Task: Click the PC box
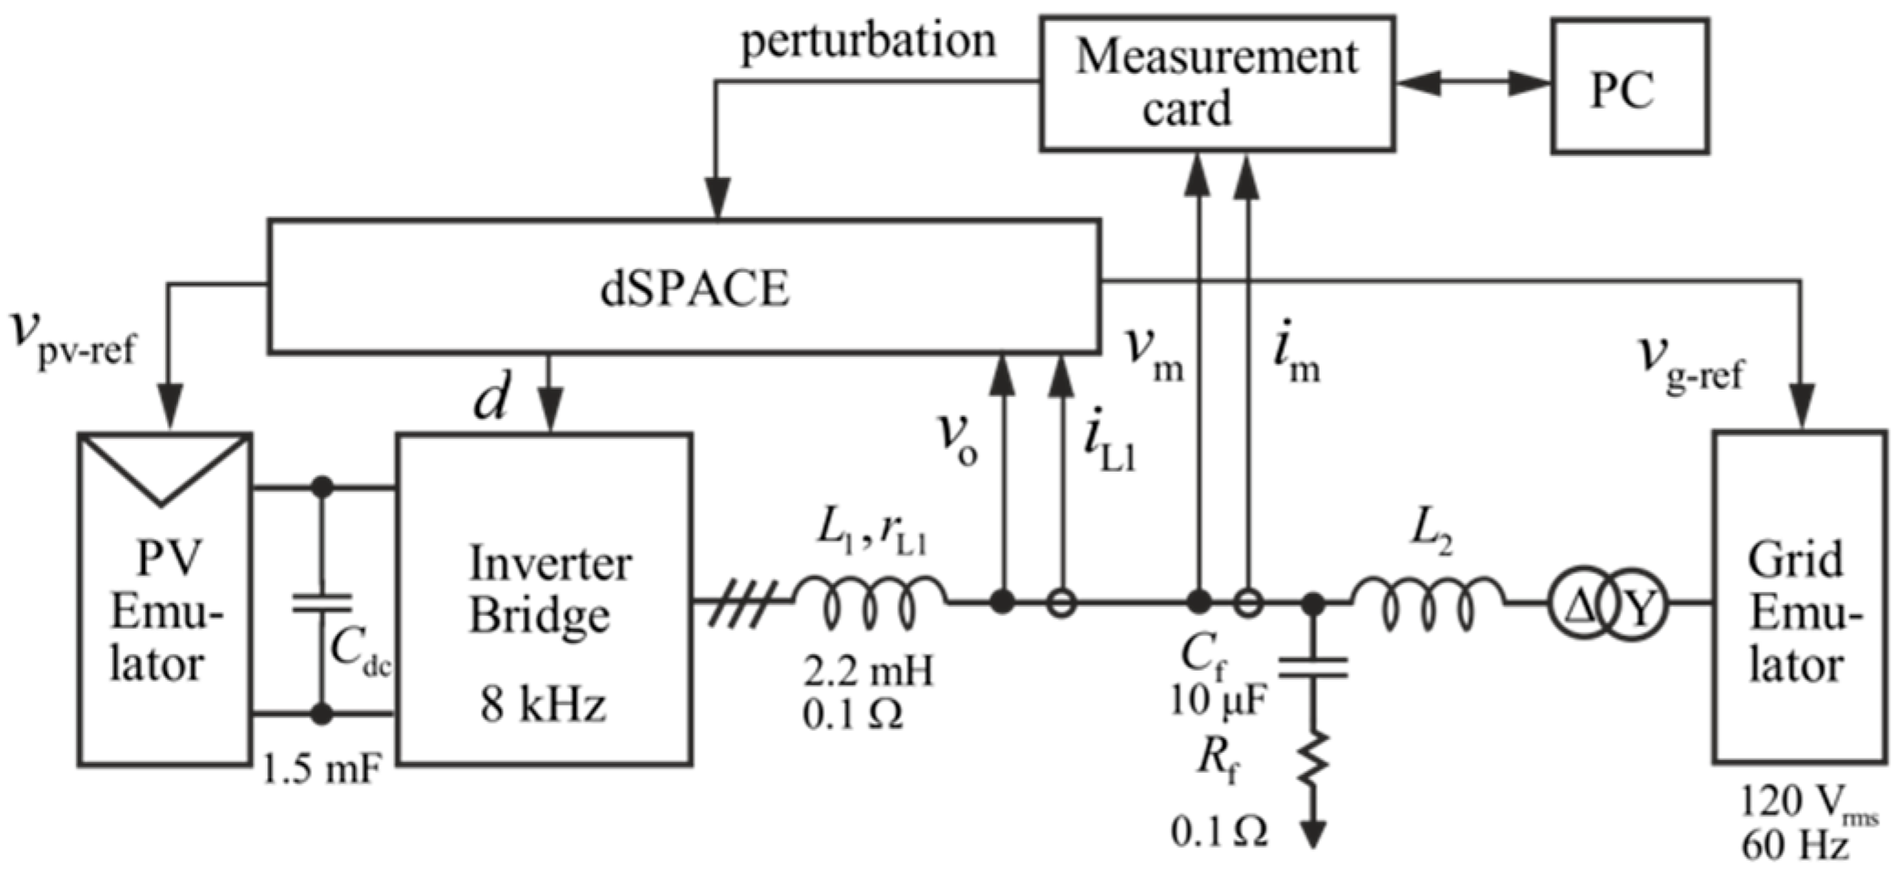[1629, 87]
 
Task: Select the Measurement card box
[1216, 83]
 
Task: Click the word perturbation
[867, 42]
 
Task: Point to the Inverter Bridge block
[544, 598]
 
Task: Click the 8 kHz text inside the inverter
[544, 705]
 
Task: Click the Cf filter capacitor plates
[1312, 671]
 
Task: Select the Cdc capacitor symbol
[321, 602]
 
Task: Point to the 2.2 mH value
[867, 673]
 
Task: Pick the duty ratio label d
[492, 400]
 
